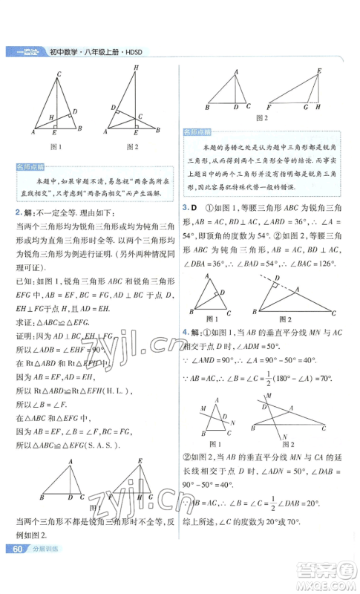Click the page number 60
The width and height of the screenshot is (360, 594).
tap(16, 569)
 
